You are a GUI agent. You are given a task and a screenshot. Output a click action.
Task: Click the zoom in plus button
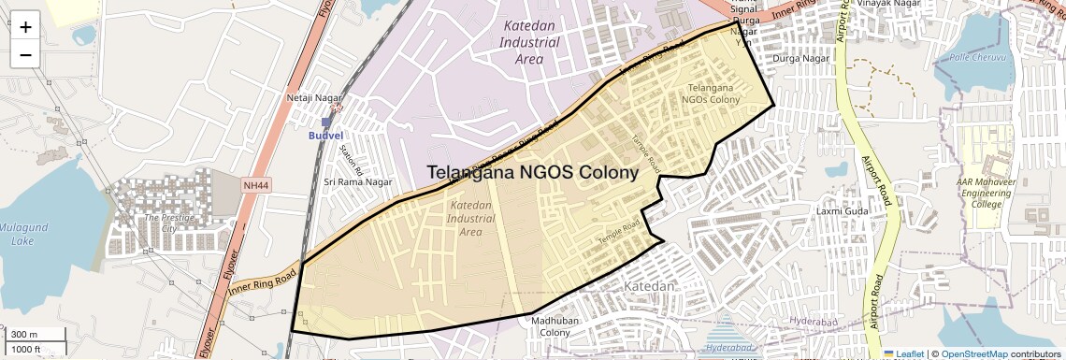[25, 26]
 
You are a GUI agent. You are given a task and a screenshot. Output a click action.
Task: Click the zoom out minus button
[25, 54]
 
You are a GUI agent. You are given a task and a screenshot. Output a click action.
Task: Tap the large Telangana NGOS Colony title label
[533, 172]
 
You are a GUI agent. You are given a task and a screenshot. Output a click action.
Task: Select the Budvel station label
[326, 135]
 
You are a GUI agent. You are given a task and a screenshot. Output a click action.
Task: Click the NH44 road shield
[254, 186]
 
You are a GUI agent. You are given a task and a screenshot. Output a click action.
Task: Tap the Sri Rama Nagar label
[354, 181]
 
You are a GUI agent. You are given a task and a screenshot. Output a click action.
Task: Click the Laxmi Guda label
[843, 210]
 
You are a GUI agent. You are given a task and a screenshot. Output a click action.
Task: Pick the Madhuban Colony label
[551, 326]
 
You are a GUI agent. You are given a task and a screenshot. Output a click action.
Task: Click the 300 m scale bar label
[24, 335]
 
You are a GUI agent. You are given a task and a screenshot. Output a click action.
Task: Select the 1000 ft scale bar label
[26, 349]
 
